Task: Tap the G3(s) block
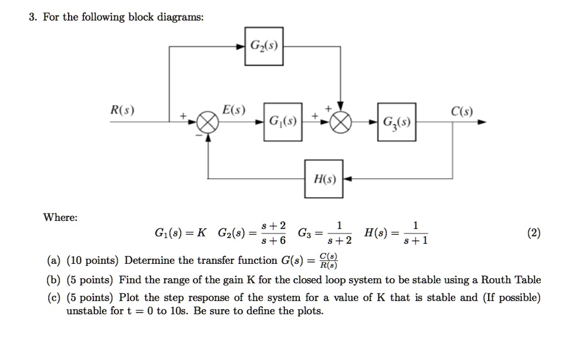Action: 397,122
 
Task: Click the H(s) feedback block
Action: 323,179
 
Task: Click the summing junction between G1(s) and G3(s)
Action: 342,122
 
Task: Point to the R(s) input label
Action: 123,110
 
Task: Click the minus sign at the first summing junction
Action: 199,135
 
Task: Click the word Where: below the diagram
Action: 61,217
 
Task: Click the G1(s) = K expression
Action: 181,234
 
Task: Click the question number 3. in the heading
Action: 33,17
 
